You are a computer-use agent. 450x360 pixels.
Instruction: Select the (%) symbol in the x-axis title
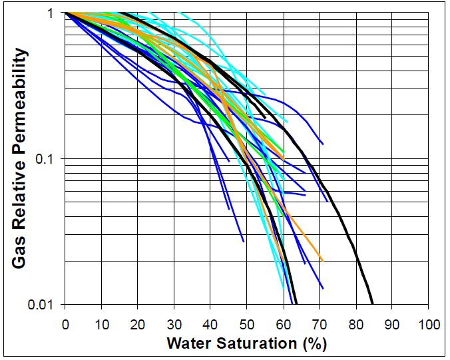(x=313, y=343)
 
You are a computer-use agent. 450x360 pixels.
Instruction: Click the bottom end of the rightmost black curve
(x=373, y=303)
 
